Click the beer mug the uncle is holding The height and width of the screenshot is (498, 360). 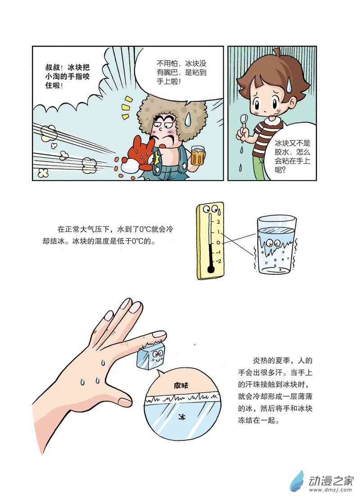197,157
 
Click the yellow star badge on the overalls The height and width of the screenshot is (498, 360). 157,158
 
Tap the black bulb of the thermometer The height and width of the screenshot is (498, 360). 210,270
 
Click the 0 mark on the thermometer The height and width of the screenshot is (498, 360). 218,243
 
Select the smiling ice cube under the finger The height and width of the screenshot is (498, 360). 151,356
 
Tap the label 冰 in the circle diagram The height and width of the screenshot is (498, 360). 182,417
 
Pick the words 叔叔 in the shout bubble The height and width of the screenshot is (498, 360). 53,68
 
